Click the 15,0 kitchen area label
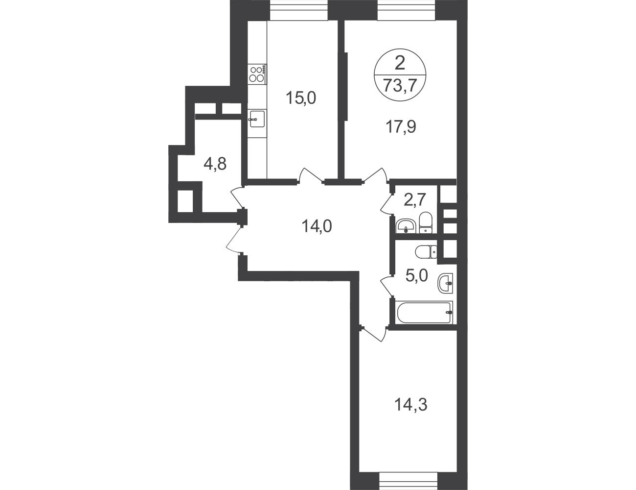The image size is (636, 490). click(x=301, y=98)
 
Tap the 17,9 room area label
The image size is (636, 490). click(x=401, y=126)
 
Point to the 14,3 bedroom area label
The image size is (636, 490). click(x=410, y=405)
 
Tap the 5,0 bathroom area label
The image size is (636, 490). click(x=417, y=275)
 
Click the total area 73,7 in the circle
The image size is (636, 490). click(x=400, y=86)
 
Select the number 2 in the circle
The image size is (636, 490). click(x=400, y=63)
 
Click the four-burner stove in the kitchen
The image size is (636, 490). click(x=257, y=74)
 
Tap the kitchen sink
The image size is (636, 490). click(x=257, y=119)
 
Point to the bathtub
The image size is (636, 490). click(x=424, y=312)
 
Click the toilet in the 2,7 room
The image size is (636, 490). click(x=425, y=223)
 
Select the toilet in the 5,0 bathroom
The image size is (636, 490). click(x=426, y=251)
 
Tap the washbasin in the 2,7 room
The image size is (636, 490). click(x=405, y=226)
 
